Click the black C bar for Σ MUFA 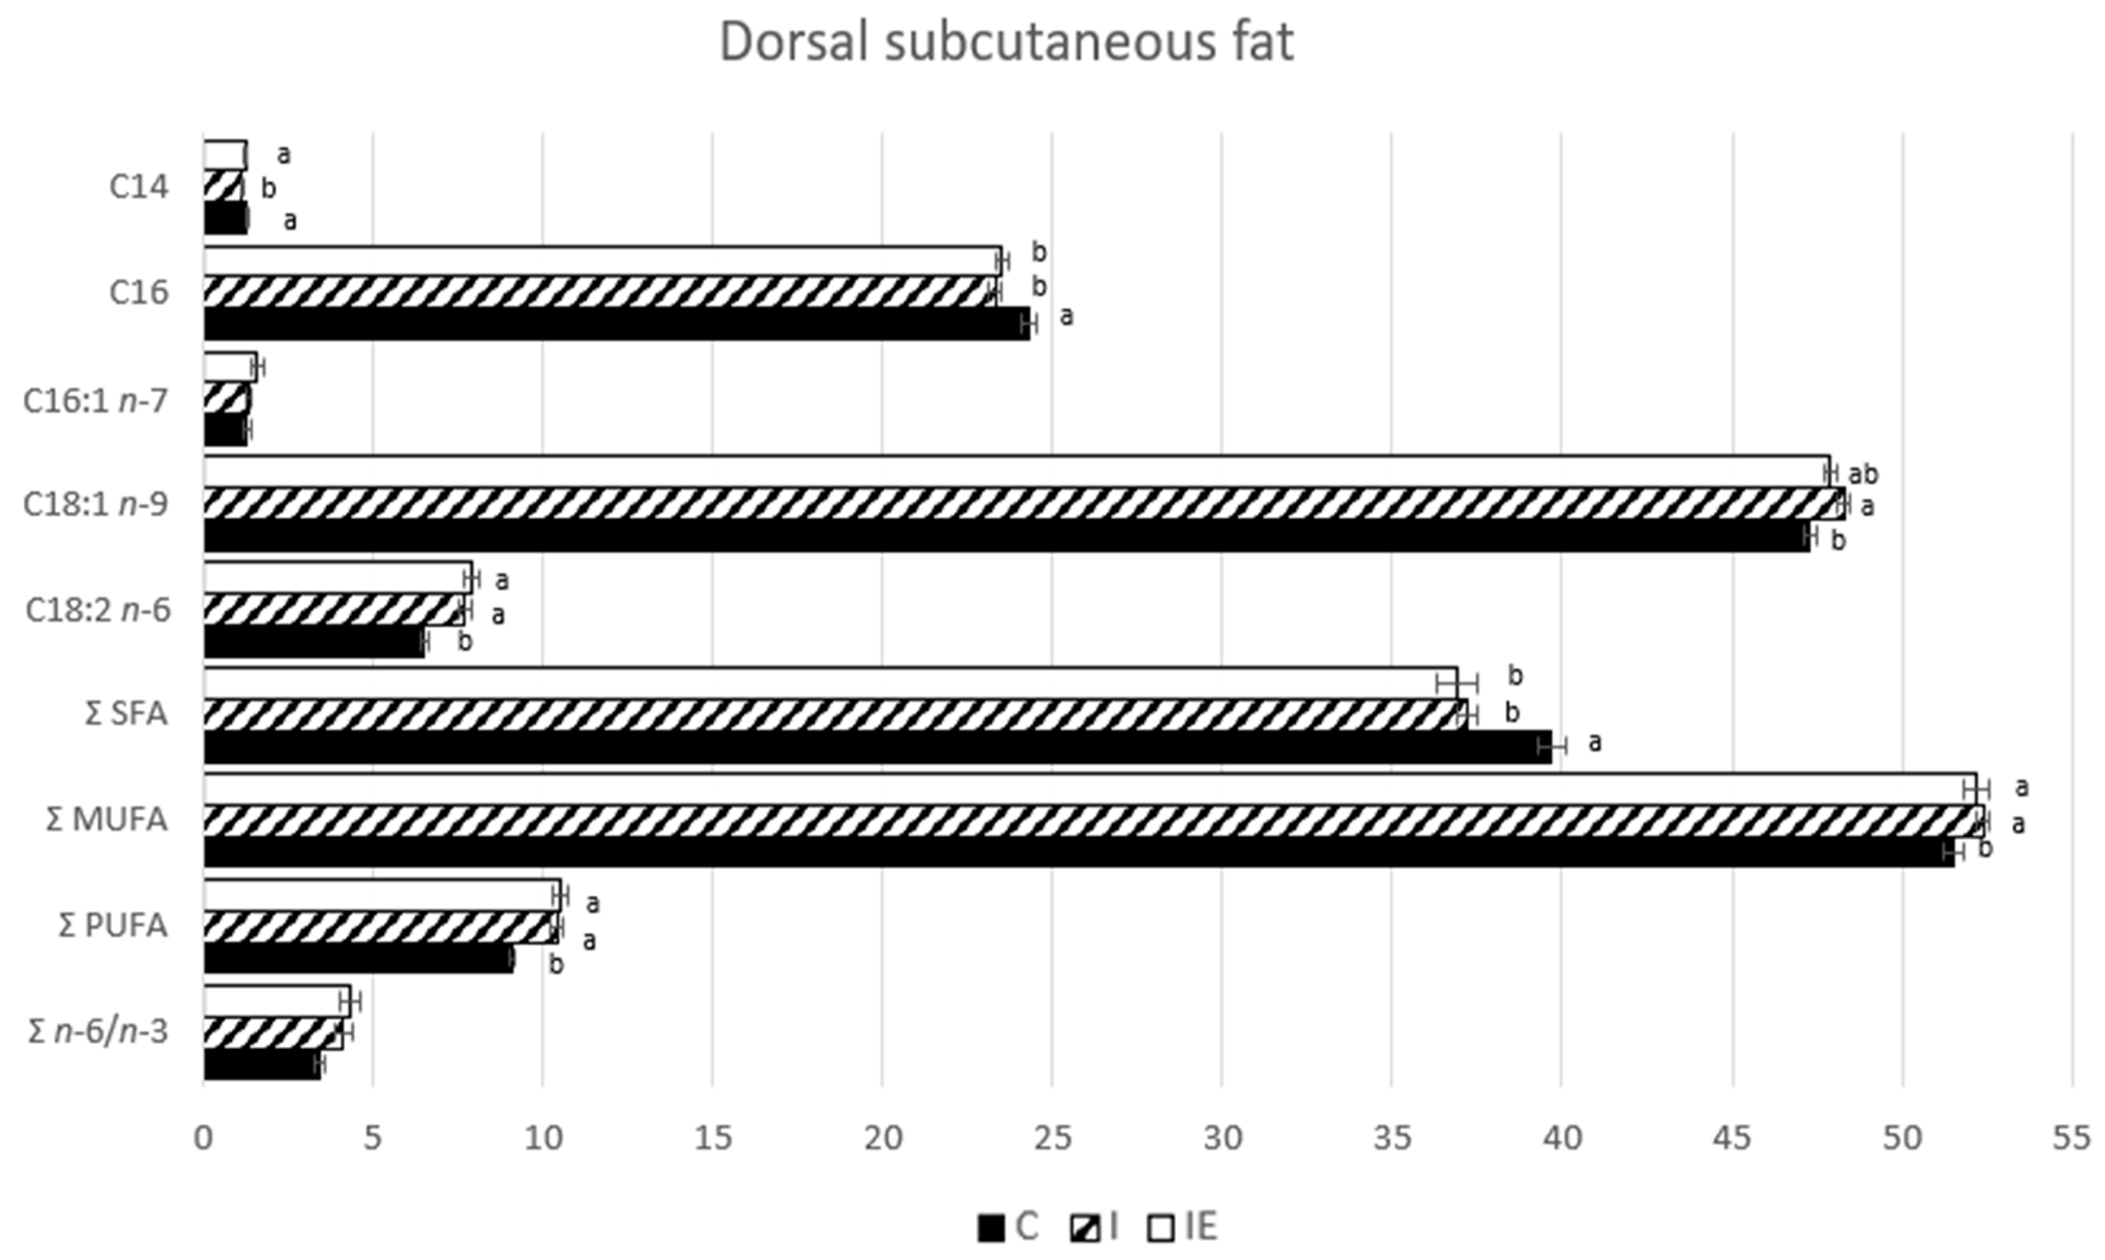[1079, 852]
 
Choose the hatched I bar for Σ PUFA [380, 927]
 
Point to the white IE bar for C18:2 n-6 [337, 577]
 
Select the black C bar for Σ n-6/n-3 [261, 1065]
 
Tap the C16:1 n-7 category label [95, 401]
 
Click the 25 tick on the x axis [1052, 1138]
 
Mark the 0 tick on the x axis [203, 1138]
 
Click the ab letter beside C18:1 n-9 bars [1863, 474]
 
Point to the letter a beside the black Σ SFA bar [1595, 742]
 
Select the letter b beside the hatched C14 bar [268, 188]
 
